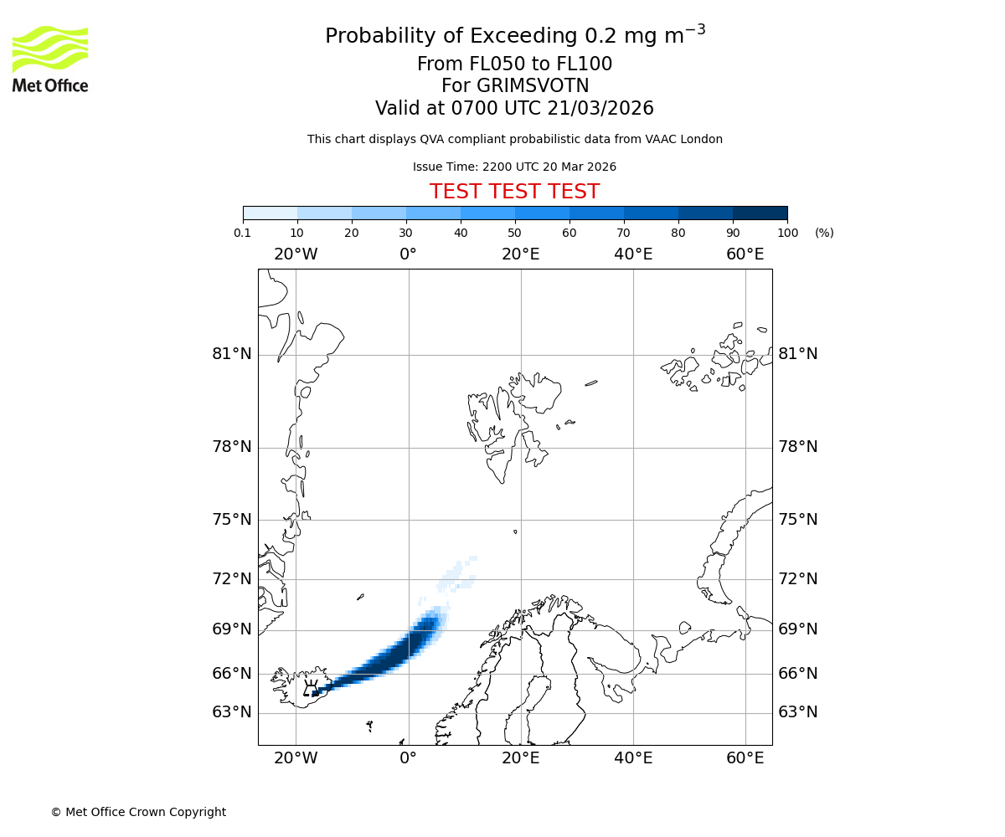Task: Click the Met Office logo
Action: (x=50, y=59)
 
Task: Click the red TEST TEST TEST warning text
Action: (x=514, y=192)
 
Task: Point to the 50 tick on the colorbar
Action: (x=515, y=233)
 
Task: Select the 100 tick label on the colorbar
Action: (x=787, y=233)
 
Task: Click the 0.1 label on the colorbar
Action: (x=243, y=233)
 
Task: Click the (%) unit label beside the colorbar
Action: (x=824, y=233)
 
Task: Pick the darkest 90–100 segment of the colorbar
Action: (x=760, y=213)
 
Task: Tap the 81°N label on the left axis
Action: (x=232, y=354)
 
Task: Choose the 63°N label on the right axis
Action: (x=797, y=712)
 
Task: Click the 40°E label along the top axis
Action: (x=633, y=254)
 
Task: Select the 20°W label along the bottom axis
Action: (x=296, y=758)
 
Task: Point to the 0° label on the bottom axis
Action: (x=408, y=758)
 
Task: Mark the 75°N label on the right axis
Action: (x=797, y=520)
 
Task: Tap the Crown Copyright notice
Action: (x=138, y=812)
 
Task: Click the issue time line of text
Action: (x=514, y=167)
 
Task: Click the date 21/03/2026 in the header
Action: (x=600, y=109)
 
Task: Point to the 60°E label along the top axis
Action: (x=745, y=254)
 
